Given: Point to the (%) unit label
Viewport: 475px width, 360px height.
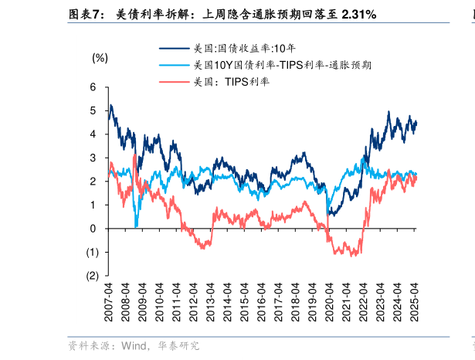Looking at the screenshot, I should point(100,58).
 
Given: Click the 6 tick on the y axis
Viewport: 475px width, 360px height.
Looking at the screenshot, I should point(93,87).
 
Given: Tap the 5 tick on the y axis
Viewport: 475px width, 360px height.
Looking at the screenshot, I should point(93,110).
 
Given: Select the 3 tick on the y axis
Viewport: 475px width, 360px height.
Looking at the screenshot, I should point(93,158).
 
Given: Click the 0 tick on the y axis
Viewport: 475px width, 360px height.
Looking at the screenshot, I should point(93,229).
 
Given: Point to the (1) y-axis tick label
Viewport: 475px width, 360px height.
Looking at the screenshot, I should point(91,252).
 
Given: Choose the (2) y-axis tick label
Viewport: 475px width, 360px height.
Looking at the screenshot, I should point(91,276).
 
